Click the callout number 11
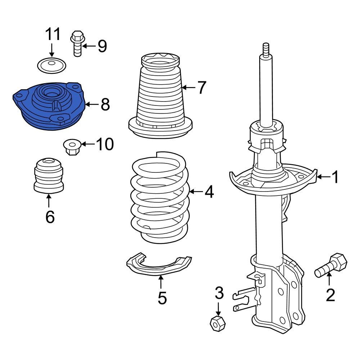tap(53, 35)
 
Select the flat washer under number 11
tap(52, 66)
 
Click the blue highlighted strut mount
tap(49, 106)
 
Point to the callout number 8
tap(105, 105)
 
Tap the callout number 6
tap(50, 217)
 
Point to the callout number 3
tap(219, 293)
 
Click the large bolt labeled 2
tap(331, 266)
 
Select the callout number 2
tap(330, 295)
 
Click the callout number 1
tap(335, 177)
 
